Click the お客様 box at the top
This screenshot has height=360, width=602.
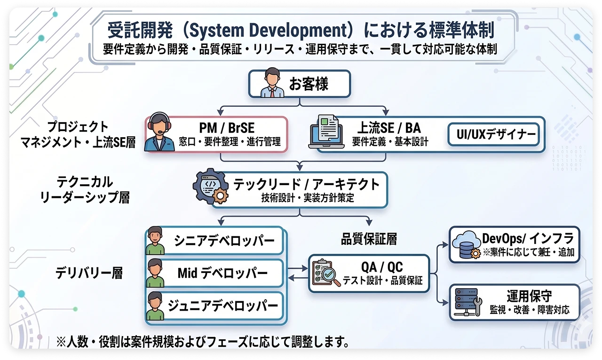299,84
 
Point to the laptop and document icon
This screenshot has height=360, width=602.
329,133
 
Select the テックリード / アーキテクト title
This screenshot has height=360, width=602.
307,184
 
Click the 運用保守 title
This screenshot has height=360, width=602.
529,296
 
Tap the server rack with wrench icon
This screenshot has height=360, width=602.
467,303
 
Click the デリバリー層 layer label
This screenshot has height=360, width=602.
89,273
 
